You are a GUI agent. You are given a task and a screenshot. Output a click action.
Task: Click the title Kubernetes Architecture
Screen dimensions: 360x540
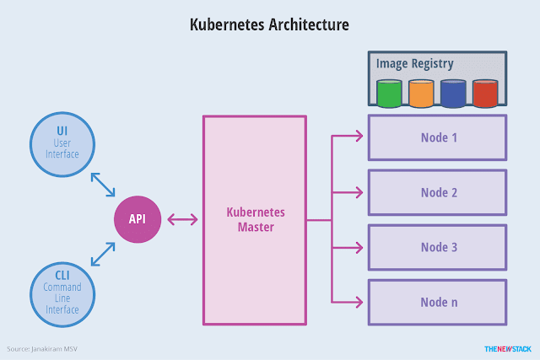270,25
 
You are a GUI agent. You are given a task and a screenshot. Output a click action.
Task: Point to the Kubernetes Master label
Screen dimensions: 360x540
254,221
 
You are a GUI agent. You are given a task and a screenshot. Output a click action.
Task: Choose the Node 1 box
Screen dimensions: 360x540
438,137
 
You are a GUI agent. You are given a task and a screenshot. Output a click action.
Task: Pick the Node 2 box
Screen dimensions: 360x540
438,192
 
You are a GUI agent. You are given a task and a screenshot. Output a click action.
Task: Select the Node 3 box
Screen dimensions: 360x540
438,247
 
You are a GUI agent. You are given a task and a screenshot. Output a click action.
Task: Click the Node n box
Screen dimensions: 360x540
438,302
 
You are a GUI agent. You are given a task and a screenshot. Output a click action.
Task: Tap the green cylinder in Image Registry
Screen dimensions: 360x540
389,93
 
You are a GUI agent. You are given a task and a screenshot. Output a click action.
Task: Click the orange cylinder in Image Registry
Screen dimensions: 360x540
421,93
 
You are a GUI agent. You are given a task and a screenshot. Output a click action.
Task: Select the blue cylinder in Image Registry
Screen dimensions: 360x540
453,93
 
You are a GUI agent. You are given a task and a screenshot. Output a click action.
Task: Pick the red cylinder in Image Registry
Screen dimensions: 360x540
485,93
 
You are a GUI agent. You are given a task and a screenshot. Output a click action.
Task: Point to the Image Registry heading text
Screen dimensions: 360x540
415,63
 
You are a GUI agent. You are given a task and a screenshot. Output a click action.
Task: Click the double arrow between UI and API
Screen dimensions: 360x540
103,184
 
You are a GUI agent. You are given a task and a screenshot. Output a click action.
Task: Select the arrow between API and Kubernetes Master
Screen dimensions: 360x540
183,220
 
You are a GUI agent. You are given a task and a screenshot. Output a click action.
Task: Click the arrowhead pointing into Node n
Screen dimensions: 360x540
360,302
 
